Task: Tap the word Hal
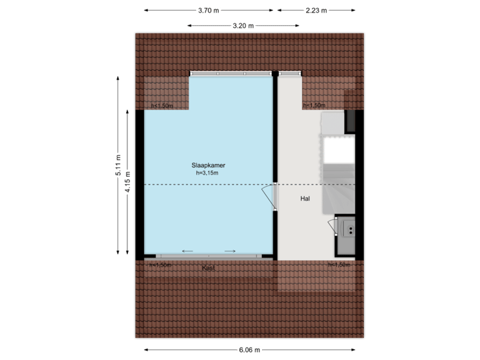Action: (306, 198)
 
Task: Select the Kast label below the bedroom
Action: (209, 268)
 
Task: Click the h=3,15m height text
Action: (207, 173)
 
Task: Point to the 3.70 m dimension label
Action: (209, 11)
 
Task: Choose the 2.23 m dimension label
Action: (316, 11)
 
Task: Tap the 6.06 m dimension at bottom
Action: (249, 349)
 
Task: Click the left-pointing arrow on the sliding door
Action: (187, 251)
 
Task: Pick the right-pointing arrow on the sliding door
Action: (230, 251)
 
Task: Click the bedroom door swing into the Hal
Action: (268, 197)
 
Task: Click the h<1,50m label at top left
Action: (162, 105)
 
